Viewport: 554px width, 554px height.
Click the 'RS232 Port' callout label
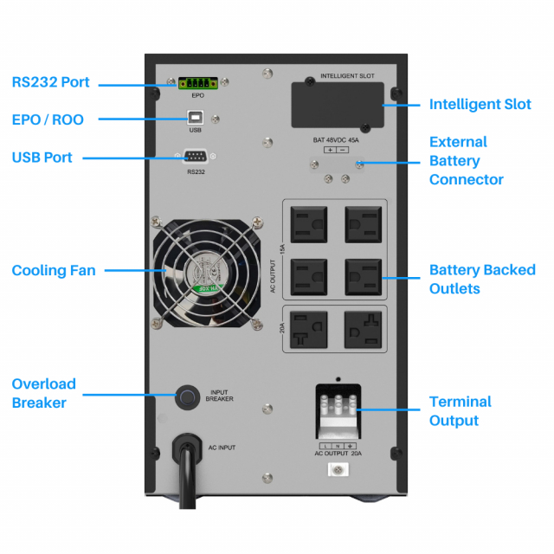pos(51,83)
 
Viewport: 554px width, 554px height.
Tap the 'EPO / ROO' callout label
pos(48,119)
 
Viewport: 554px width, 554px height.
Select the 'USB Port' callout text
pos(42,158)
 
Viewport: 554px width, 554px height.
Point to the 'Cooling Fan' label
pos(54,271)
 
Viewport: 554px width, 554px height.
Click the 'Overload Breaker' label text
pos(44,393)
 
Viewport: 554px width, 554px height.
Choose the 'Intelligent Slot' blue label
pos(480,105)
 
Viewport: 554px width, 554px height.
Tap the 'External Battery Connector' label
pos(466,161)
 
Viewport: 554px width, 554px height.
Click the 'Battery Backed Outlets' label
pos(482,279)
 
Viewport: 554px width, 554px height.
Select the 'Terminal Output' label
pos(461,411)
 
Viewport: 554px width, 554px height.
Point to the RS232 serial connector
pos(195,158)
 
